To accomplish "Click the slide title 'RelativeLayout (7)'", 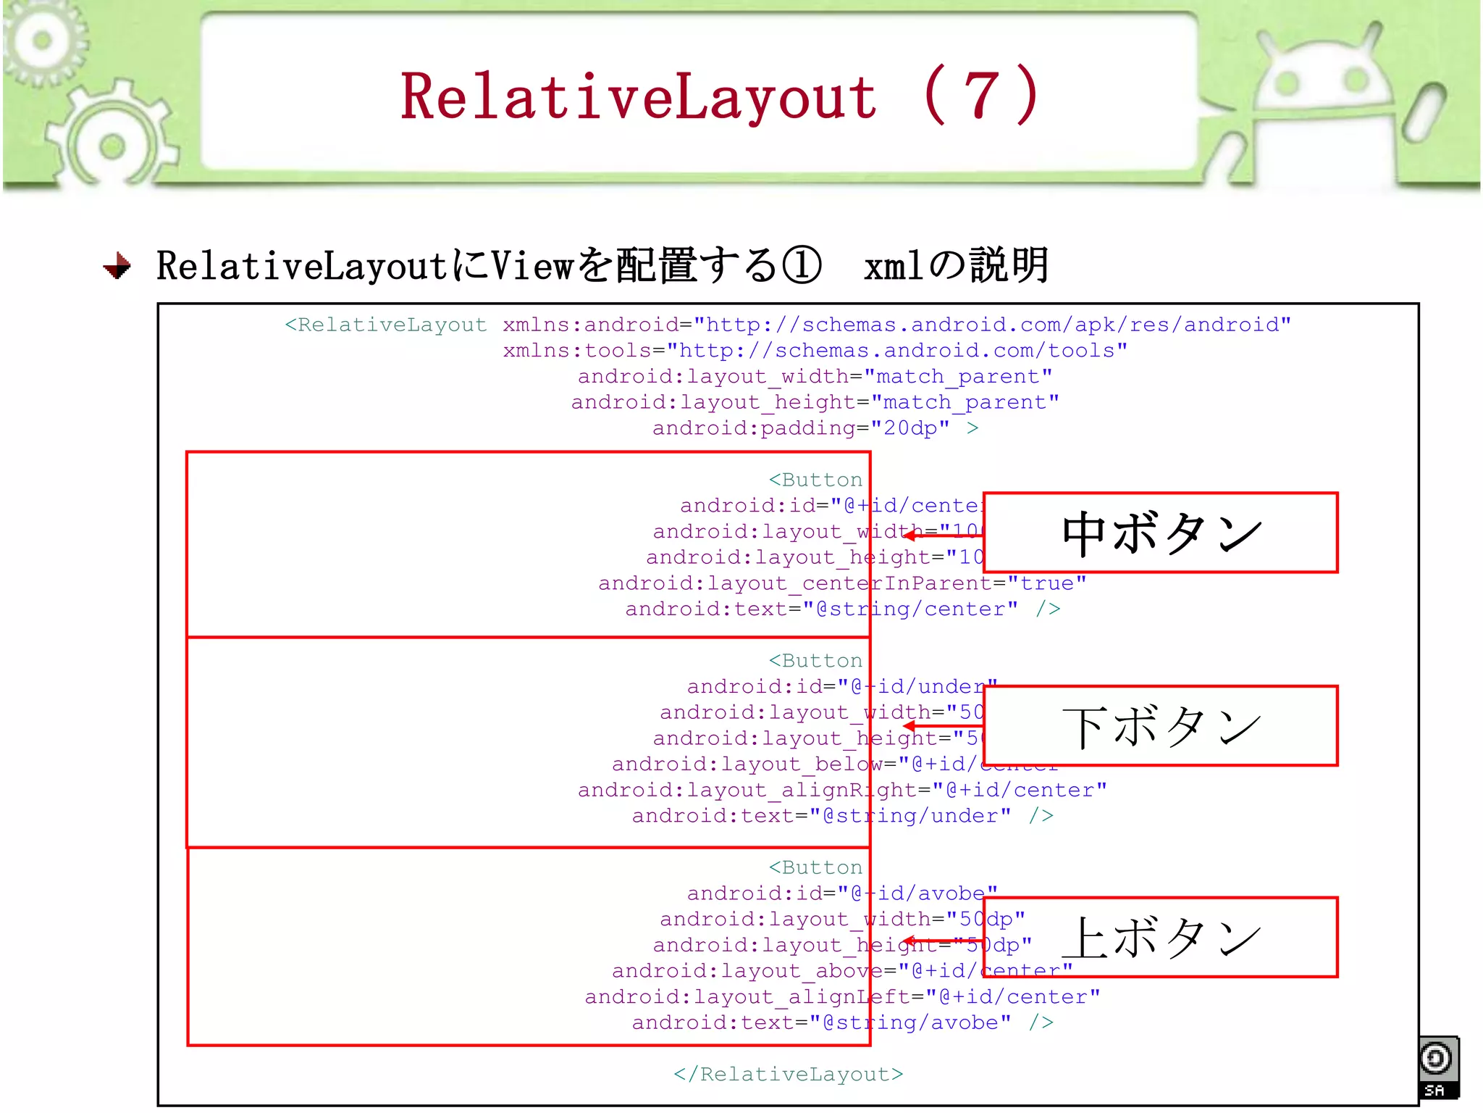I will (720, 96).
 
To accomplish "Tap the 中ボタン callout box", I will (1160, 533).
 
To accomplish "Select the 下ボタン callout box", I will (1160, 725).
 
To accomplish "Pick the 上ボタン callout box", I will (1160, 937).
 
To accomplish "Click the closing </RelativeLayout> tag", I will (788, 1074).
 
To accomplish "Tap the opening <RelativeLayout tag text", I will (385, 325).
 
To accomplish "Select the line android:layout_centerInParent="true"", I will (841, 583).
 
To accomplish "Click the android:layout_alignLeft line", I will (841, 997).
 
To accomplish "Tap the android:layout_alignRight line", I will (841, 790).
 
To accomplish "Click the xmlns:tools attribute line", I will (815, 351).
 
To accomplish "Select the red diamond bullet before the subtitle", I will (117, 266).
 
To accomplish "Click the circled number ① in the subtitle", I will (801, 265).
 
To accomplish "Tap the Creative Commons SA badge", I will (1438, 1067).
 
